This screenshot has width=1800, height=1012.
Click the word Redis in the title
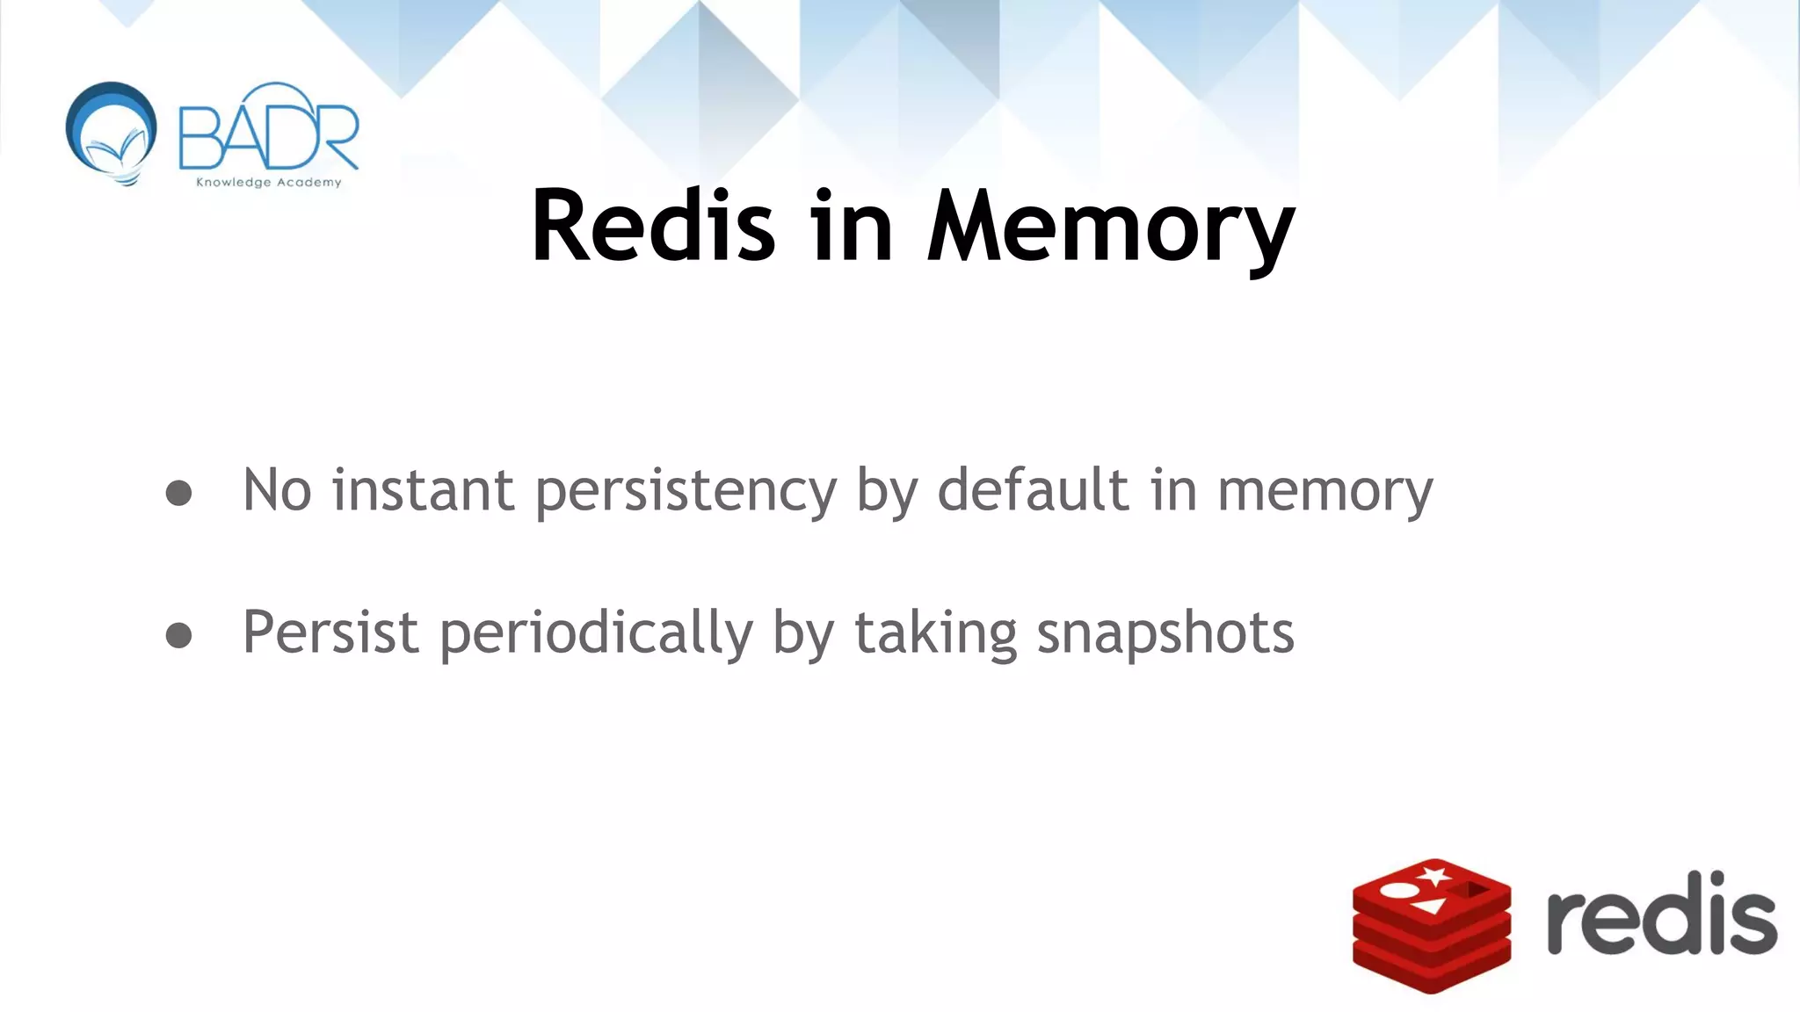(x=653, y=226)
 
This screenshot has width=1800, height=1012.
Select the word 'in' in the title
(x=852, y=226)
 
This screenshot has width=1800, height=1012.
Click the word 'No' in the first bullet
(x=277, y=489)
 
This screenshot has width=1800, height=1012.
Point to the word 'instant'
(x=423, y=489)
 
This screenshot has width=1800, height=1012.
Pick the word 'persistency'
(x=686, y=492)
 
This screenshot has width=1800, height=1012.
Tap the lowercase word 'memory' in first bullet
(x=1325, y=492)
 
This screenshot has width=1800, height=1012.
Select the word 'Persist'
(x=330, y=632)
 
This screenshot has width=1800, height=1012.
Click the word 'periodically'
(x=596, y=634)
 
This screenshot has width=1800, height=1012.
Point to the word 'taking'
(x=935, y=634)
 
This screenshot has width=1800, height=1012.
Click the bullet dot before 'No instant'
(x=178, y=493)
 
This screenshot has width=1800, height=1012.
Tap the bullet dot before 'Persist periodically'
(x=178, y=635)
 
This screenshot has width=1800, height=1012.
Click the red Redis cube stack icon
(x=1431, y=927)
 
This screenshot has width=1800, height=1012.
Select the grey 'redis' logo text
(x=1660, y=915)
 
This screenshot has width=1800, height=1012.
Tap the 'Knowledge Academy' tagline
(x=268, y=183)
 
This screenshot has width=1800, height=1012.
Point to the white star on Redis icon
(x=1434, y=876)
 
